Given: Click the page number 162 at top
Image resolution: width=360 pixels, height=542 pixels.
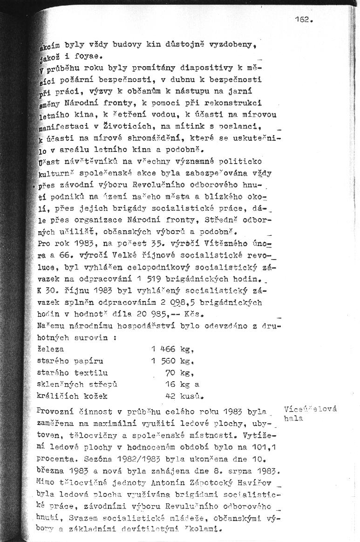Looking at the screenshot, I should tap(303, 20).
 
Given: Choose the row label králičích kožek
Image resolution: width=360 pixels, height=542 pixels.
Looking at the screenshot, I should tap(72, 396).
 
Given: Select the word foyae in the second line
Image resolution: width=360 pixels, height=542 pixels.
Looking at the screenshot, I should tap(93, 57).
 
